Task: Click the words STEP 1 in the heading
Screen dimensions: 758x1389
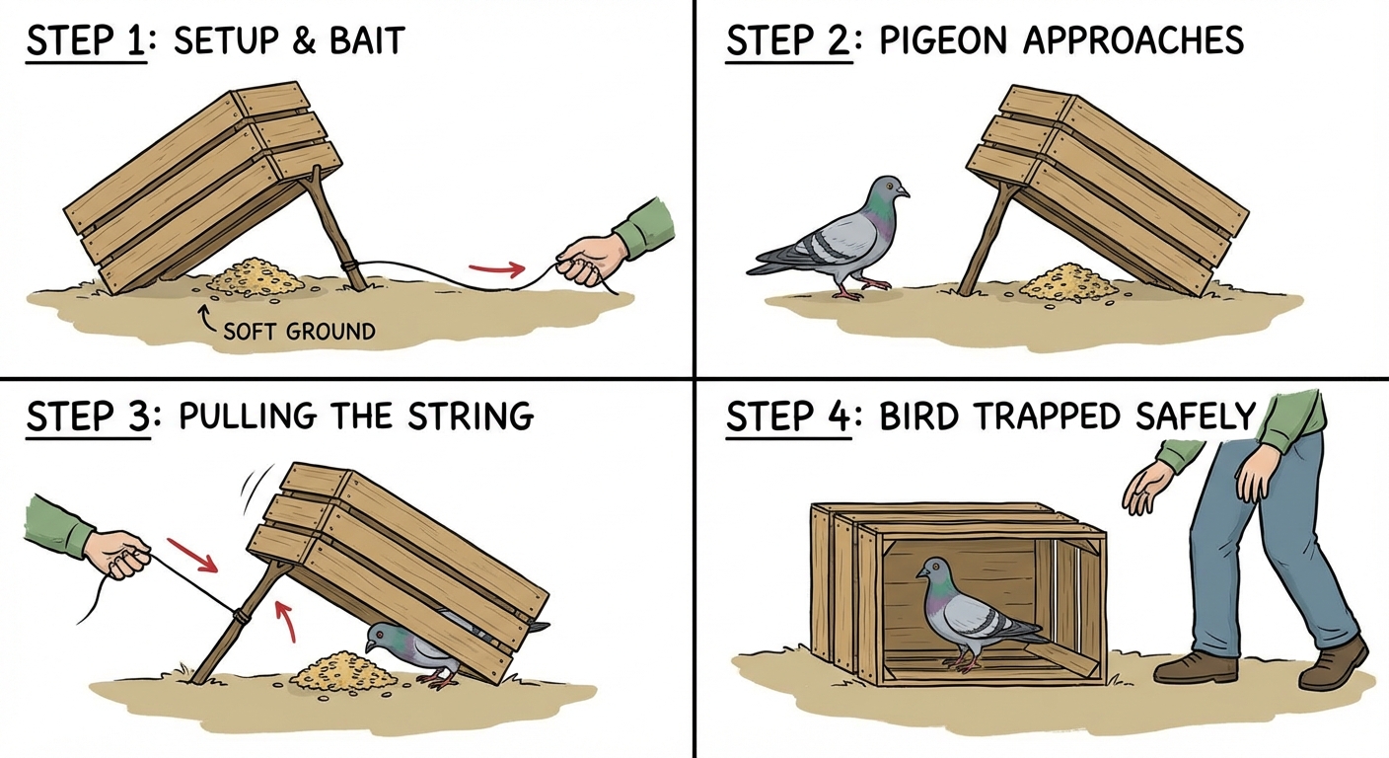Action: click(x=86, y=42)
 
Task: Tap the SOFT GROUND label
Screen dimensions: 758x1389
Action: click(x=299, y=331)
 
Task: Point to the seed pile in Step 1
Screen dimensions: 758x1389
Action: click(x=256, y=275)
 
